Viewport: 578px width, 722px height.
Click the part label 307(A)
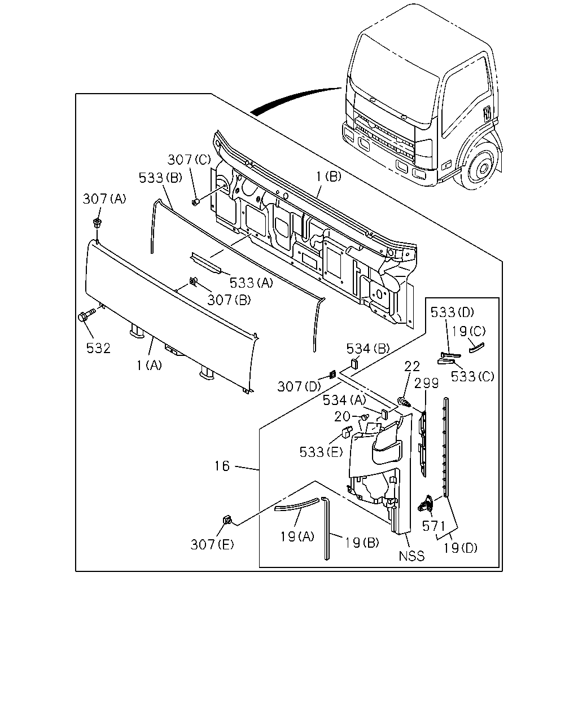click(104, 199)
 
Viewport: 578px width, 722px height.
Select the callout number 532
click(98, 348)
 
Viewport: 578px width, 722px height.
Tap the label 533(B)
click(160, 178)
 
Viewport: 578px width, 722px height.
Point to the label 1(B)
click(329, 176)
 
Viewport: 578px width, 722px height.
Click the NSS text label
click(411, 556)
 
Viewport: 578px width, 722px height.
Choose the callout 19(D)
click(461, 548)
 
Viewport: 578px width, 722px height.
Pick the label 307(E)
click(212, 544)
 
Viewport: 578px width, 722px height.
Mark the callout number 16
click(222, 466)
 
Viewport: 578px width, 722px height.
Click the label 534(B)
click(368, 349)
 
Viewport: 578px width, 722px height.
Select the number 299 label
click(427, 383)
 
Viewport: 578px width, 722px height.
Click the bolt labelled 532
click(86, 315)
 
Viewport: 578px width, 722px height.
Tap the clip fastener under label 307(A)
click(97, 223)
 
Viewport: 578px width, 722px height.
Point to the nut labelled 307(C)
click(195, 202)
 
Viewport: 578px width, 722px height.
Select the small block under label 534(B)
click(354, 363)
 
